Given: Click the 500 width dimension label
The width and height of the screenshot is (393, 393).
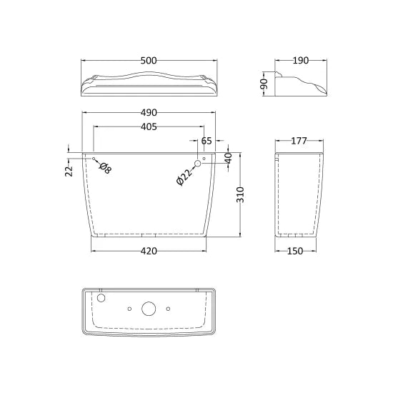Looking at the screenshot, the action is pos(149,61).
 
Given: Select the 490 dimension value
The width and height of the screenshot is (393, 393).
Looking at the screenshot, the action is pos(149,112).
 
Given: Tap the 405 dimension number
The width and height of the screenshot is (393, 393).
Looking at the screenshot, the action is pos(149,126).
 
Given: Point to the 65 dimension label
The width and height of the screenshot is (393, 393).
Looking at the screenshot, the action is pos(207,141).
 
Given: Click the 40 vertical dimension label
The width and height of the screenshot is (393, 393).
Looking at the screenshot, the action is pos(229,159).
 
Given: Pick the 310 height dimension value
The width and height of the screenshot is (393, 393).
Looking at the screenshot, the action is pos(240,195).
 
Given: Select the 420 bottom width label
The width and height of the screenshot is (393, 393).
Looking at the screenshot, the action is pos(149,251).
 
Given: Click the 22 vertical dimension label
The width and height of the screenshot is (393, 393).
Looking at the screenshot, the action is pos(69,171).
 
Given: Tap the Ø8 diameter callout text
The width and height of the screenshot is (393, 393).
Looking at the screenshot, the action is pos(105,168).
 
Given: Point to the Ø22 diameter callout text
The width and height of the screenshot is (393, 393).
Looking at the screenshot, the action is pos(184,177).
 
